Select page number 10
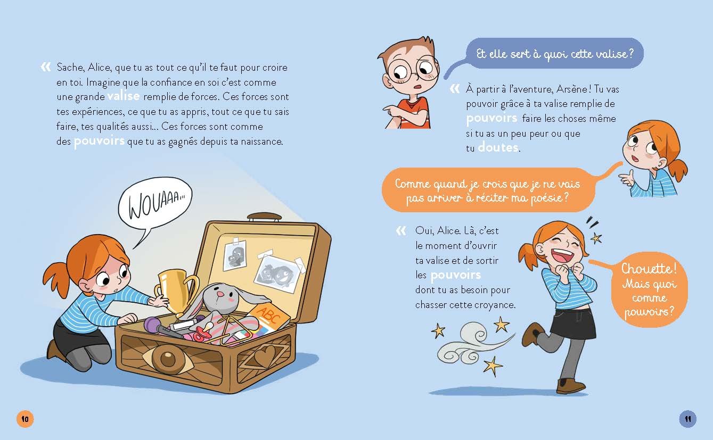click(24, 419)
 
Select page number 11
click(688, 419)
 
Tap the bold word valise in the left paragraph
click(123, 96)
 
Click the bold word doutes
click(498, 147)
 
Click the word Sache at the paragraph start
click(69, 68)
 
